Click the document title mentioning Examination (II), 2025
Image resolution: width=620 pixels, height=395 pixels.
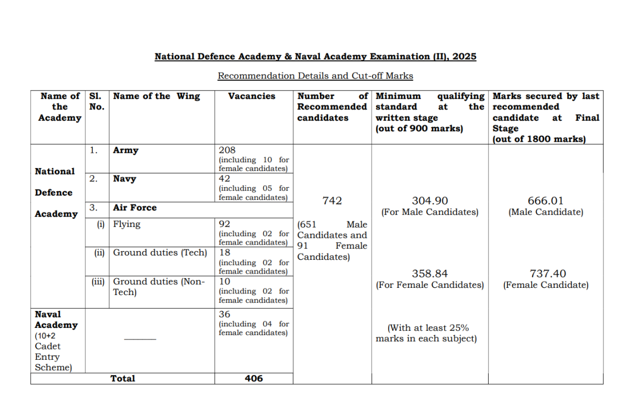pos(315,57)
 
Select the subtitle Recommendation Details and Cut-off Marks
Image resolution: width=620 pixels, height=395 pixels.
pos(315,76)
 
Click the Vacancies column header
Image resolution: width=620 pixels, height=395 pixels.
pos(252,96)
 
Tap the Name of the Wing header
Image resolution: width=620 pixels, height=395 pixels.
pos(157,96)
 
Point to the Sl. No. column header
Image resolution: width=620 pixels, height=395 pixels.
pos(96,101)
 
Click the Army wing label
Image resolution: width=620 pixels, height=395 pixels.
pos(126,151)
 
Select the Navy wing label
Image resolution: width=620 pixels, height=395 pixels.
pos(125,179)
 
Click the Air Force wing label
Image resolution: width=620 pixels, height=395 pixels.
pos(135,208)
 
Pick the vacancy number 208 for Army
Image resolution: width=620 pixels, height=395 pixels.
pos(226,150)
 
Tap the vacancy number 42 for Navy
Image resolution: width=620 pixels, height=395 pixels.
pos(224,179)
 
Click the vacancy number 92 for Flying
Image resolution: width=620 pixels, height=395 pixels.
pos(224,224)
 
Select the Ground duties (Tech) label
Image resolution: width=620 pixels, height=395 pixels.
pos(160,253)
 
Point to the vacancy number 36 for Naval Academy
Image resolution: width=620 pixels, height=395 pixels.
pos(224,314)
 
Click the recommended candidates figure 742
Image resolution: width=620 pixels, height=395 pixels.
pos(332,201)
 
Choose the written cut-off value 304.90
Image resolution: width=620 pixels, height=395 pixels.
pos(430,201)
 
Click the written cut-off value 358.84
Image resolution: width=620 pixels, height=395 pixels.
pos(430,274)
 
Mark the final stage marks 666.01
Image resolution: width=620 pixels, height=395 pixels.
pos(545,201)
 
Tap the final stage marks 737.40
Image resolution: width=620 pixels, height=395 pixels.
pos(545,274)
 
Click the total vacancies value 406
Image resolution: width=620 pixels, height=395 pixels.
pos(253,379)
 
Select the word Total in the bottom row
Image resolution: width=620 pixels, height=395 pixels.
pos(123,379)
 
